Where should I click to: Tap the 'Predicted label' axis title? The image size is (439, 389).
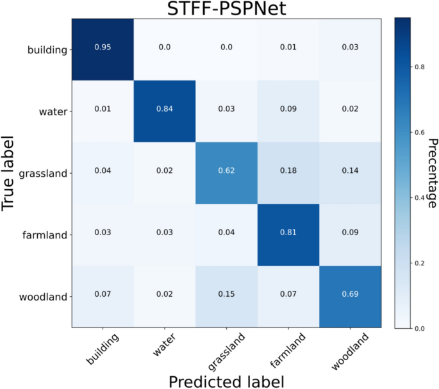pyautogui.click(x=225, y=381)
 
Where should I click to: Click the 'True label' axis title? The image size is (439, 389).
pyautogui.click(x=10, y=173)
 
